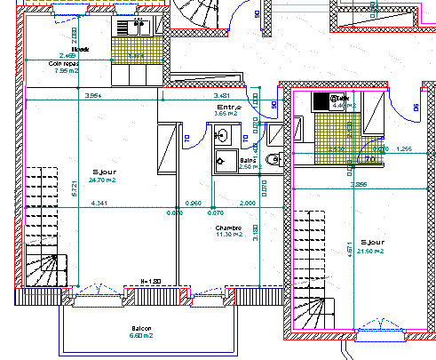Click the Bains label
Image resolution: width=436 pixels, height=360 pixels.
pyautogui.click(x=250, y=159)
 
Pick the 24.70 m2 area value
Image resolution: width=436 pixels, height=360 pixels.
pyautogui.click(x=105, y=180)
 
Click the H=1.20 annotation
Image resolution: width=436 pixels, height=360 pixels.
pyautogui.click(x=150, y=283)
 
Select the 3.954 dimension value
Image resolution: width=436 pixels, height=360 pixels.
pyautogui.click(x=91, y=95)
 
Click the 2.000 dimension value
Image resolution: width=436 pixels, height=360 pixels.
pyautogui.click(x=248, y=205)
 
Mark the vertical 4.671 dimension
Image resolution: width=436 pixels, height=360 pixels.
pyautogui.click(x=349, y=252)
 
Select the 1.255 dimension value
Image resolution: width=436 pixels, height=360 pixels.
pyautogui.click(x=405, y=148)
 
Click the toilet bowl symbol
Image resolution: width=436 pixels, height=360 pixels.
pyautogui.click(x=273, y=161)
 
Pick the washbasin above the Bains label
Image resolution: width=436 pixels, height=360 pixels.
pyautogui.click(x=223, y=137)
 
